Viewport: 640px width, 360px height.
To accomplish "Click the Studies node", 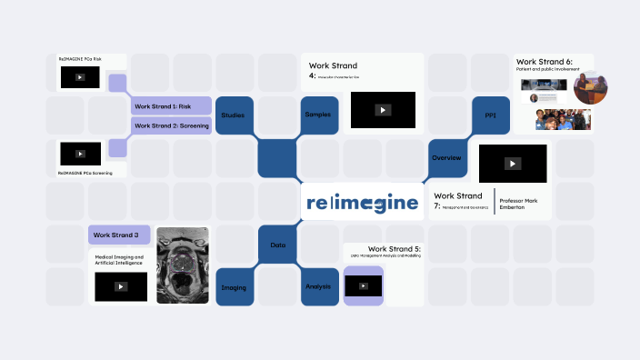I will (x=234, y=115).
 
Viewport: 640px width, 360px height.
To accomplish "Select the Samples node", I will (x=318, y=115).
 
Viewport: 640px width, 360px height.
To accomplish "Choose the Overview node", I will (x=446, y=157).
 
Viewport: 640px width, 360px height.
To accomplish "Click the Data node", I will (x=277, y=245).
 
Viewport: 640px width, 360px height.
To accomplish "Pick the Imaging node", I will (x=234, y=287).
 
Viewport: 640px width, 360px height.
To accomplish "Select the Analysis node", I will (x=318, y=287).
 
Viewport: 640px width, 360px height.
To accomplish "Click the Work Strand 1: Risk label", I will (x=172, y=105).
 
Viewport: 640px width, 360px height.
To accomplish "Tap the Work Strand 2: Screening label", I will (x=172, y=125).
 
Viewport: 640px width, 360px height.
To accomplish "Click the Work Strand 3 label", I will (x=118, y=235).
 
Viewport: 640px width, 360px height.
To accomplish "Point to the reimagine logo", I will (x=363, y=202).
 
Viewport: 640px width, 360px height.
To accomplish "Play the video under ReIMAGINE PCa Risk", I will (x=80, y=77).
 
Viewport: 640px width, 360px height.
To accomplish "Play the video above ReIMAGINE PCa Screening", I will (x=80, y=153).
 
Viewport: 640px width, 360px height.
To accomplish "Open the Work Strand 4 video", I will (x=383, y=110).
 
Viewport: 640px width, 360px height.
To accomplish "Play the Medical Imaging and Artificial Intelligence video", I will (x=121, y=286).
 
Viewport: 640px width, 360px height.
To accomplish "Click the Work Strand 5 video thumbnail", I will (x=363, y=285).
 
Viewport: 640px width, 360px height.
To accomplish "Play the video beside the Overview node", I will (x=513, y=164).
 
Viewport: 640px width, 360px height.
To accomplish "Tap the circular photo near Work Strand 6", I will (x=591, y=87).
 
